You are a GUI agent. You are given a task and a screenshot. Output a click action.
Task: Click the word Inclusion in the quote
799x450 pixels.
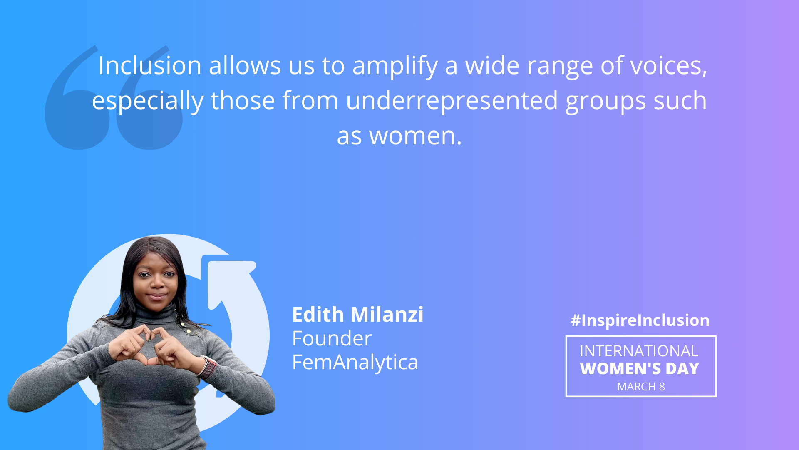[150, 65]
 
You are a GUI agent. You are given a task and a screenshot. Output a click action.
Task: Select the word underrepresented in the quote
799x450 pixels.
[452, 101]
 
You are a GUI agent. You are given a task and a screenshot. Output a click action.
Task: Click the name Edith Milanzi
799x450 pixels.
[357, 314]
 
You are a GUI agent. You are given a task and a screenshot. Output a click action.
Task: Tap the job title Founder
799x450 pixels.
[332, 338]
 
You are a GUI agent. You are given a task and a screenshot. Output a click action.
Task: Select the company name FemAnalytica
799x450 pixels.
[355, 362]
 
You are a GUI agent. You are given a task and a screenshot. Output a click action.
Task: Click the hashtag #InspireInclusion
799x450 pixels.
[640, 320]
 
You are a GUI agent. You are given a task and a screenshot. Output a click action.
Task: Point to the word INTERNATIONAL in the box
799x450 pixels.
[639, 351]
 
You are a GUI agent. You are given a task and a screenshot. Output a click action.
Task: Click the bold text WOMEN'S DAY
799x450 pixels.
[640, 368]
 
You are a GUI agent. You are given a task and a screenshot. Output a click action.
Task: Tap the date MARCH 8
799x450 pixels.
[641, 387]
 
